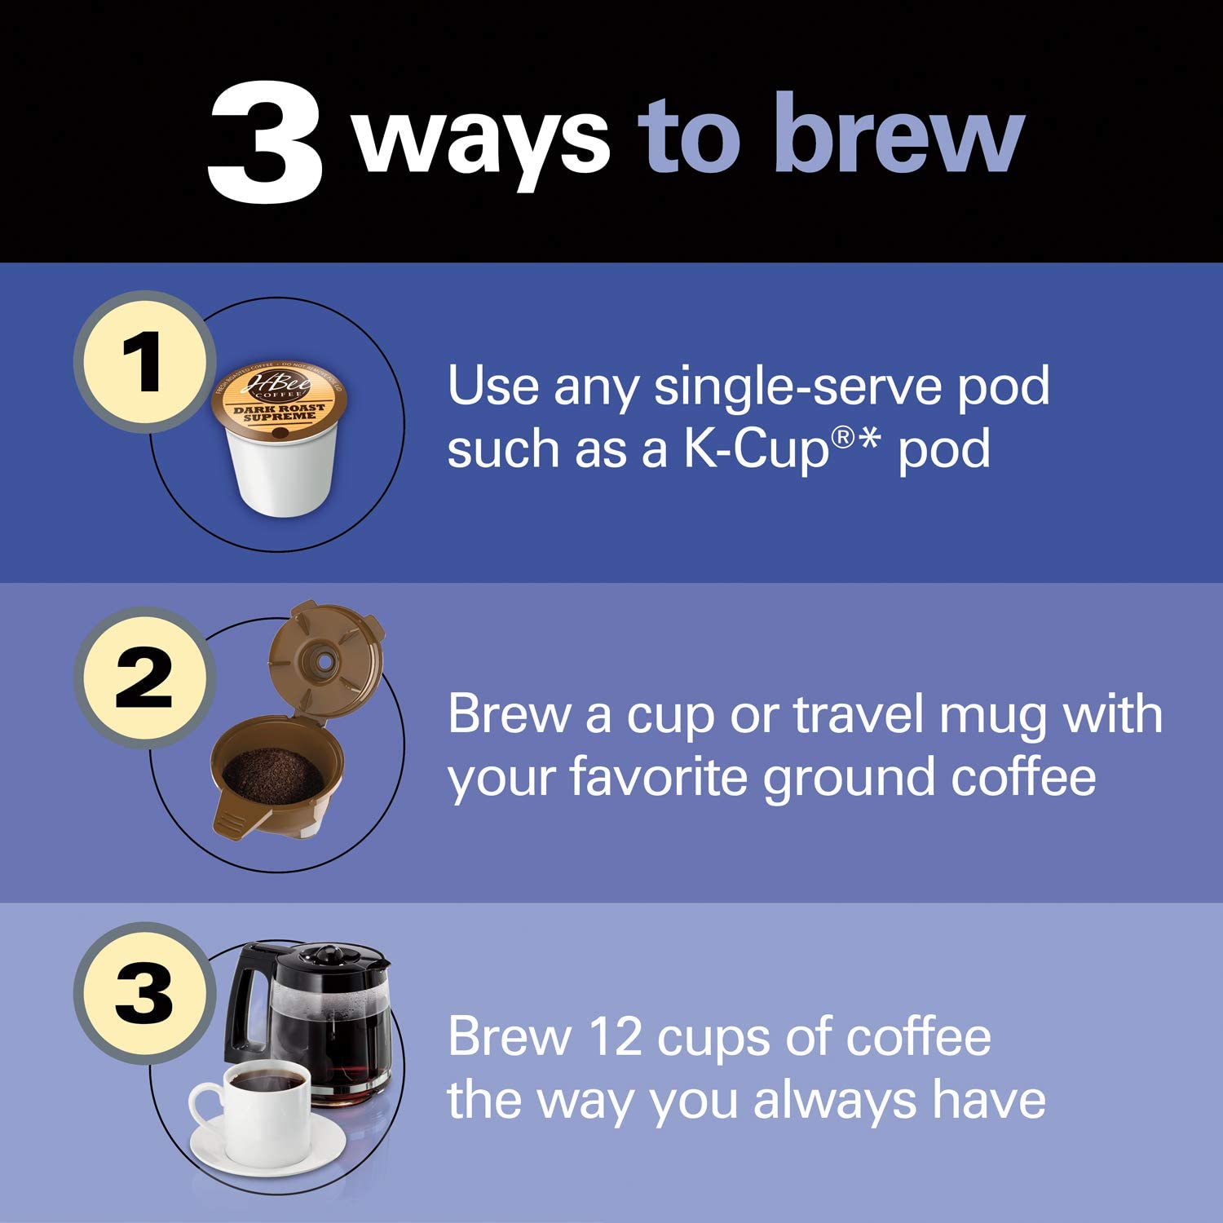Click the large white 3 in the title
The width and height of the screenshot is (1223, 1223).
point(265,144)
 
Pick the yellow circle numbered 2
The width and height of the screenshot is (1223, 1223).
point(144,678)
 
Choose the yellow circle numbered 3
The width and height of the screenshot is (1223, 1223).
point(144,993)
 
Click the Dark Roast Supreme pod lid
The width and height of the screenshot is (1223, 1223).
point(279,400)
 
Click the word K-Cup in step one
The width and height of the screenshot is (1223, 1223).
point(755,450)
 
